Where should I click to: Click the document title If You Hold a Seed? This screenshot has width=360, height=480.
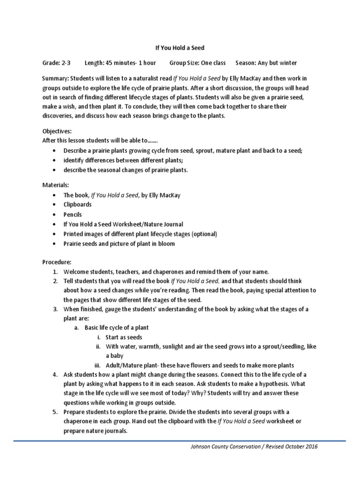pyautogui.click(x=180, y=48)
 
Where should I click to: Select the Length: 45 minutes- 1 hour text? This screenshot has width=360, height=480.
pyautogui.click(x=121, y=63)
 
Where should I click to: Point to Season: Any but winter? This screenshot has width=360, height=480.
pyautogui.click(x=266, y=63)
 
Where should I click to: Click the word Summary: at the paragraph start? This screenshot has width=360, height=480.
pyautogui.click(x=54, y=78)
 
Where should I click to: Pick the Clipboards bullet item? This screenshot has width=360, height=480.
pyautogui.click(x=78, y=204)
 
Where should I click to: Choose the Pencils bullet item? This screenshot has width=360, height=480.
pyautogui.click(x=73, y=214)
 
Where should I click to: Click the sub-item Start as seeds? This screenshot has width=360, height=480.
pyautogui.click(x=124, y=337)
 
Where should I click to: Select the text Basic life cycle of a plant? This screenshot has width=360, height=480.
pyautogui.click(x=117, y=328)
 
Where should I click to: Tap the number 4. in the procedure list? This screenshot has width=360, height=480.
pyautogui.click(x=55, y=375)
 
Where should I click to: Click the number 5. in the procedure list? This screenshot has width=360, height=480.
pyautogui.click(x=55, y=412)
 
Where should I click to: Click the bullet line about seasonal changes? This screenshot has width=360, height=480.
pyautogui.click(x=126, y=170)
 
